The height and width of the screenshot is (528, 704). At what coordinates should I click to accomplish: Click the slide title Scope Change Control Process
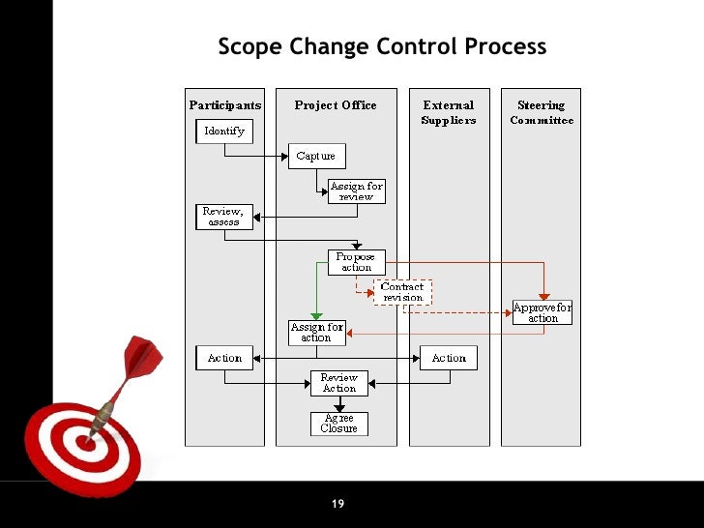coord(382,46)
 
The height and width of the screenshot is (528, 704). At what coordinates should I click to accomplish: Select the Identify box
coord(224,131)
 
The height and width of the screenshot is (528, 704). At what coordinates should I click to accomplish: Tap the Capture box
coord(316,156)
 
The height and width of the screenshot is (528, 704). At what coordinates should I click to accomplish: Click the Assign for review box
coord(357,191)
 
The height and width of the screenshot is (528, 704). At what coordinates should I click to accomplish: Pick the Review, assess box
coord(224,217)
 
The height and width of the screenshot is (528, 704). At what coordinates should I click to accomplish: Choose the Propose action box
coord(356,262)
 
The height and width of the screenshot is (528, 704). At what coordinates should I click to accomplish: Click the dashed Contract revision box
coord(402,292)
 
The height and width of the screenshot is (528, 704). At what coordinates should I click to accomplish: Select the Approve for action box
coord(543,312)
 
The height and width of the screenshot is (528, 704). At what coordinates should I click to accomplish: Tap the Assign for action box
coord(316,333)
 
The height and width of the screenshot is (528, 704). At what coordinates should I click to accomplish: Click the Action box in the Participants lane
coord(224,358)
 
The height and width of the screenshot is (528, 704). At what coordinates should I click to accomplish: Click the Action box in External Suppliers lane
coord(449,358)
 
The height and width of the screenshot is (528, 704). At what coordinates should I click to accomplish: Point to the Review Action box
coord(339,383)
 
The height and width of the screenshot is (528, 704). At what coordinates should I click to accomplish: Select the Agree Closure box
coord(339,424)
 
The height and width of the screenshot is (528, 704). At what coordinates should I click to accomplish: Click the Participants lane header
coord(224,105)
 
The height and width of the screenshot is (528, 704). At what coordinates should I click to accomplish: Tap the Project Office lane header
coord(336,105)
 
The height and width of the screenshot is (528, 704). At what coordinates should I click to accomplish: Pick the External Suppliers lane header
coord(449,112)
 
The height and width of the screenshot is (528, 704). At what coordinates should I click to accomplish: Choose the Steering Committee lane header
coord(542,112)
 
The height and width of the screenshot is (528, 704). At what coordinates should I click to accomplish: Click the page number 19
coord(337,504)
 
